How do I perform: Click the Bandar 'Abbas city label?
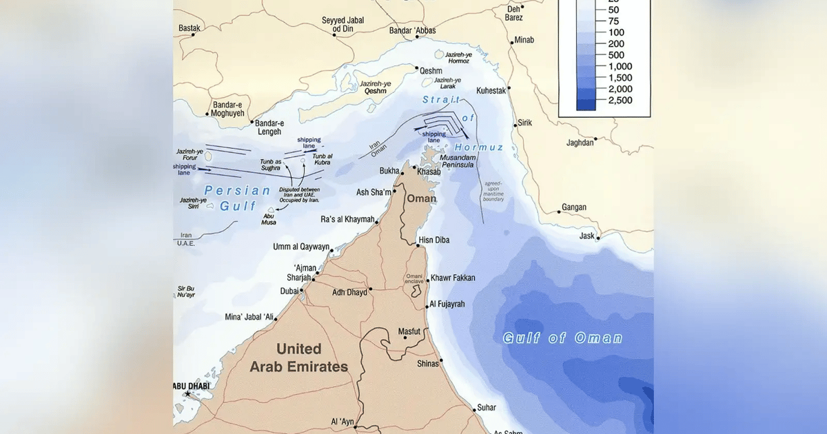pyautogui.click(x=412, y=31)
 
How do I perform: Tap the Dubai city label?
pyautogui.click(x=289, y=291)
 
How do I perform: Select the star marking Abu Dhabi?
pyautogui.click(x=187, y=394)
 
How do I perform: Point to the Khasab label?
pyautogui.click(x=429, y=172)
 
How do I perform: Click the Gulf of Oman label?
pyautogui.click(x=562, y=338)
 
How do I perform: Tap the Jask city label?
pyautogui.click(x=586, y=236)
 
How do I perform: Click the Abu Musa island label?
pyautogui.click(x=269, y=218)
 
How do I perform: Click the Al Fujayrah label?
pyautogui.click(x=447, y=304)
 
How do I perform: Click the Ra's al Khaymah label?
pyautogui.click(x=348, y=220)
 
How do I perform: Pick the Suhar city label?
pyautogui.click(x=486, y=408)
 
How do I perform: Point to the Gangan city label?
pyautogui.click(x=574, y=207)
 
